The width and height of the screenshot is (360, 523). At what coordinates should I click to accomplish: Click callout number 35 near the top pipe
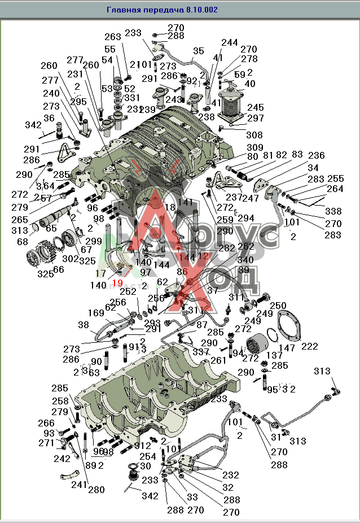click(x=198, y=51)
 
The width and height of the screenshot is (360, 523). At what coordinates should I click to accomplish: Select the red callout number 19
click(x=117, y=283)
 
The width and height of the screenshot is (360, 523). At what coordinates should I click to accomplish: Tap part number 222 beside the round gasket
click(x=309, y=346)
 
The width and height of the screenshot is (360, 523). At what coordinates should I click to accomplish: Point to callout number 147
click(x=287, y=348)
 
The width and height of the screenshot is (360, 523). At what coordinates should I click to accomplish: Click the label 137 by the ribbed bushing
click(x=275, y=356)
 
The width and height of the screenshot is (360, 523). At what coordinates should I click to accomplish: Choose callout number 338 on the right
click(x=333, y=211)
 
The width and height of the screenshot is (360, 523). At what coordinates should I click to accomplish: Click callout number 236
click(x=316, y=155)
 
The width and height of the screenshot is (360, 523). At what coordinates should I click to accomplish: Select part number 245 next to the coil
click(x=256, y=107)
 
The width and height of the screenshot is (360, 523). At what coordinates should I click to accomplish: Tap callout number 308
click(x=254, y=136)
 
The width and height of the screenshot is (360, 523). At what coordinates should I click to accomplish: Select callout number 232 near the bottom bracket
click(x=230, y=476)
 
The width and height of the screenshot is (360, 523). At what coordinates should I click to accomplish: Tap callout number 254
click(x=147, y=456)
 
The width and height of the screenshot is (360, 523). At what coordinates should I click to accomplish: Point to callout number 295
click(x=78, y=102)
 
